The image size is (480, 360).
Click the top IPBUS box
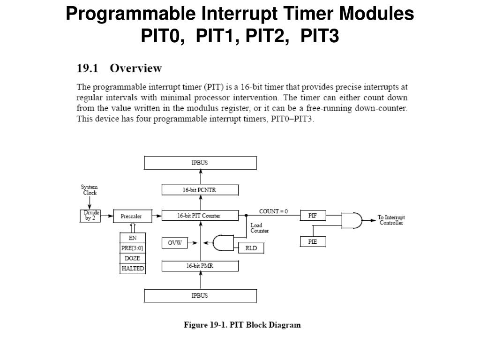point(200,163)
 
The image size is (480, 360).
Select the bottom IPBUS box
point(200,296)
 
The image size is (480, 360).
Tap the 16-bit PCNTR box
point(200,190)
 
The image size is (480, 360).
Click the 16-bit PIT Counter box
point(200,216)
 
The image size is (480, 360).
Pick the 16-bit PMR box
point(200,266)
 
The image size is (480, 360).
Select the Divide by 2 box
point(90,216)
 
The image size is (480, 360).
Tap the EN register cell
point(133,238)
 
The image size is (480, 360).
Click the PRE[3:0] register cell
point(133,248)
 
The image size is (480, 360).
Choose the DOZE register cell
point(133,258)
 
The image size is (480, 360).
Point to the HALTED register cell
point(133,269)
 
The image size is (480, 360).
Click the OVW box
point(174,243)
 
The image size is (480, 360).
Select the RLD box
point(251,248)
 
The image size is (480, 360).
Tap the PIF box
point(313,216)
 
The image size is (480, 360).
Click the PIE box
point(313,242)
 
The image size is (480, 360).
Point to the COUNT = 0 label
point(273,211)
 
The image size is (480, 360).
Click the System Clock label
point(90,190)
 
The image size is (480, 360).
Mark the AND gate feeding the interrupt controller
point(352,220)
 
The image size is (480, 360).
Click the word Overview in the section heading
point(135,68)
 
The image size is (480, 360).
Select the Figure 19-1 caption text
point(242,325)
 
